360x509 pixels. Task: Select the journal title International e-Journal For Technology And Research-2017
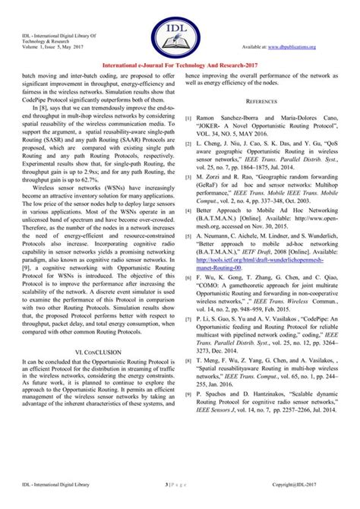coord(179,67)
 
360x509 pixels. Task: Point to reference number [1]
coord(188,121)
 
